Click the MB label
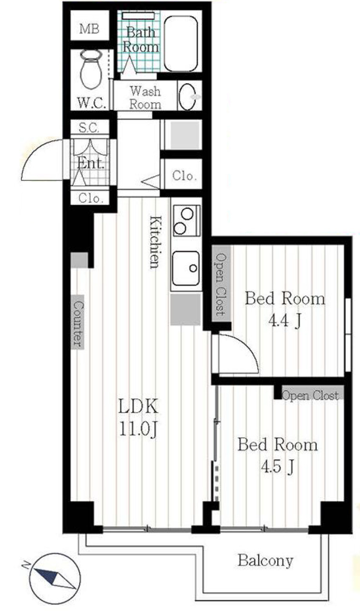[x=89, y=29]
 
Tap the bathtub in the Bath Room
[x=180, y=44]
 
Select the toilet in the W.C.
[x=91, y=70]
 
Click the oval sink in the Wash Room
[x=187, y=97]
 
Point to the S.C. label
[x=89, y=128]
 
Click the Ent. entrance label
[x=90, y=163]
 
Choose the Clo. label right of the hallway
[x=184, y=176]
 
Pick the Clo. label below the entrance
[x=91, y=198]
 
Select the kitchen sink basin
[x=186, y=268]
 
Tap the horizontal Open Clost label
[x=310, y=395]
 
